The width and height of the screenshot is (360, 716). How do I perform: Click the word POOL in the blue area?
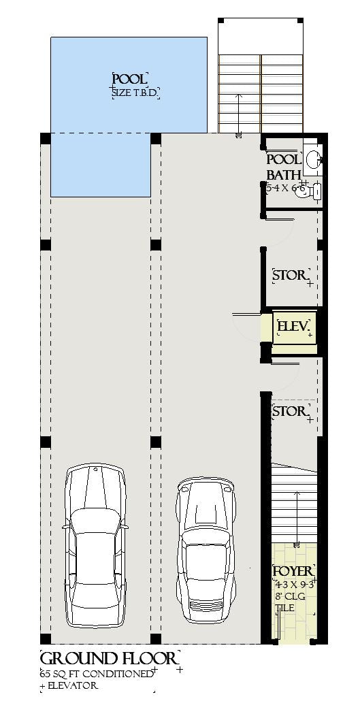[129, 79]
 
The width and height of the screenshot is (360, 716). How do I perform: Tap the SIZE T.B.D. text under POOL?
[135, 93]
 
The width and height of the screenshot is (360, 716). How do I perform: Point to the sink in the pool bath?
[313, 159]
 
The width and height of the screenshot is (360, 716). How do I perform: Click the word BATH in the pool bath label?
[283, 174]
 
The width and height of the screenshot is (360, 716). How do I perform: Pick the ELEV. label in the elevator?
[293, 327]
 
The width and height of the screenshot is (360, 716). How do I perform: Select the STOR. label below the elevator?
[290, 412]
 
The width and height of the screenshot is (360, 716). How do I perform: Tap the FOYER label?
[293, 571]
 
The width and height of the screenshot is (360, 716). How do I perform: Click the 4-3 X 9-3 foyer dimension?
[294, 584]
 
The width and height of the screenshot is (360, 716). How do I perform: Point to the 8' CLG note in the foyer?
[291, 597]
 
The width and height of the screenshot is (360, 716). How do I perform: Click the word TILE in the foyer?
[284, 609]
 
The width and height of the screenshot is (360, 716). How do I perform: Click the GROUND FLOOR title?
[110, 659]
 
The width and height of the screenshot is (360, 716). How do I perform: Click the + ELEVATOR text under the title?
[69, 686]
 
